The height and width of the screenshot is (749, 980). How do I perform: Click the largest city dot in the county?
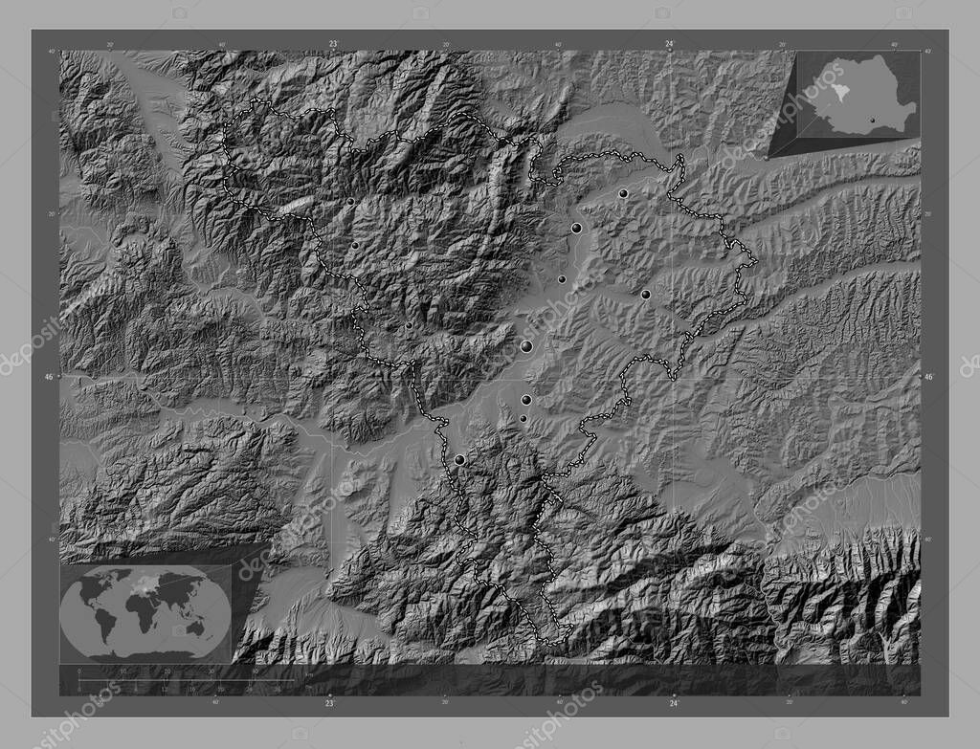526,346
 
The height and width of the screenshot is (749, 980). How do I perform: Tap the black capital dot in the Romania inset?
871,121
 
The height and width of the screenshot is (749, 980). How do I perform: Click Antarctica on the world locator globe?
144,656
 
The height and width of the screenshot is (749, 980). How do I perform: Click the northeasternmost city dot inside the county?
623,193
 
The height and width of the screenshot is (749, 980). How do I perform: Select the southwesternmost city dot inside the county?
459,460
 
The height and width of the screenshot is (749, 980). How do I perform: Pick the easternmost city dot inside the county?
646,295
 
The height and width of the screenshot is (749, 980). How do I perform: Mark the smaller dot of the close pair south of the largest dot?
523,418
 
